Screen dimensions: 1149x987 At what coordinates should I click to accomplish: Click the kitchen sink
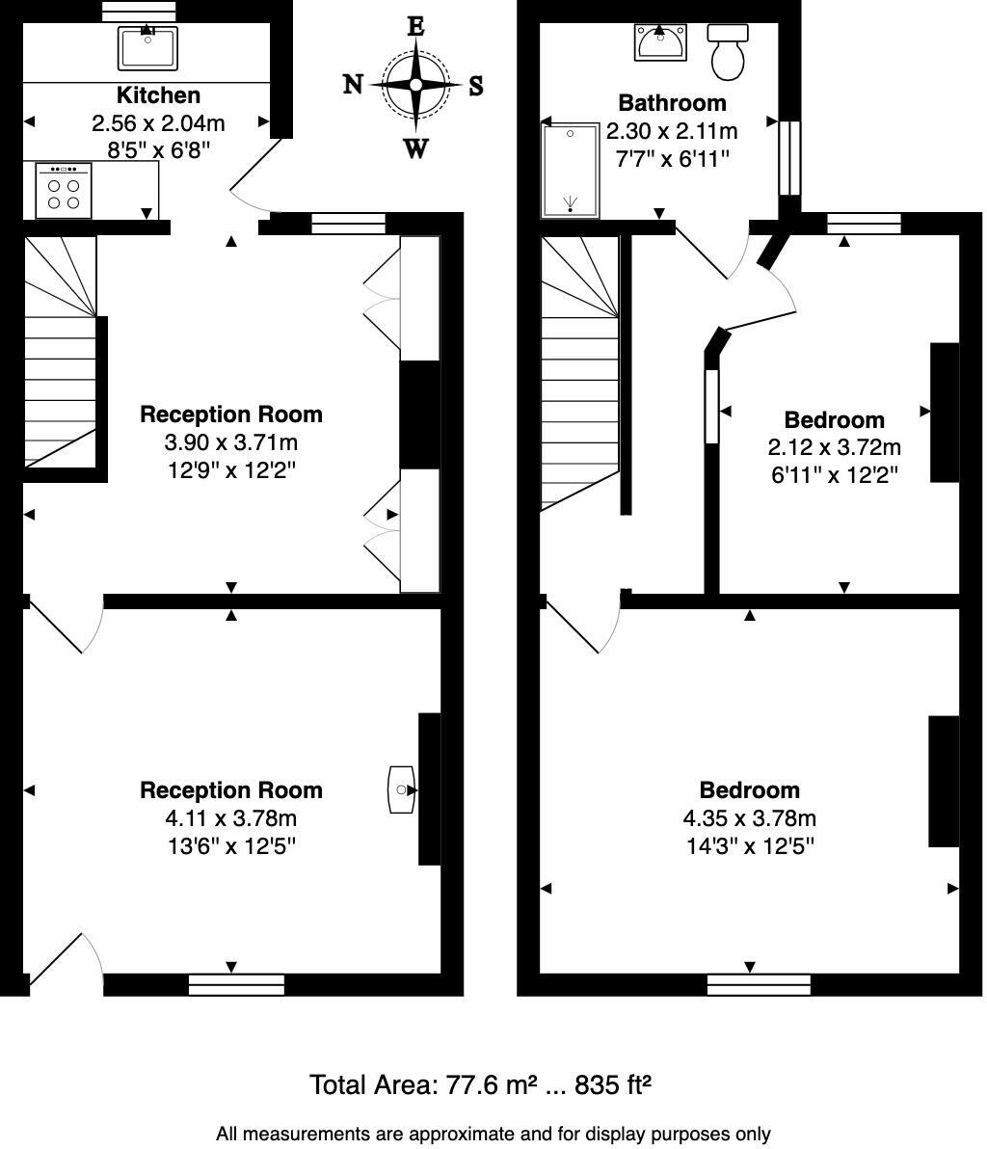[x=147, y=47]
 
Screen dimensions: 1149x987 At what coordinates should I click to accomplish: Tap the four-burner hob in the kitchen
[x=64, y=190]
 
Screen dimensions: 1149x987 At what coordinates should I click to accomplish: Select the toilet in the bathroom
[x=728, y=51]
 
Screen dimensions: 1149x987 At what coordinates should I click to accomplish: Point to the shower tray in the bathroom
[x=572, y=171]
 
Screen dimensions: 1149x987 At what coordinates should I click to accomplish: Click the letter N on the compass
[x=354, y=85]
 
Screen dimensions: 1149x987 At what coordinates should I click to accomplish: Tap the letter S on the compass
[x=475, y=87]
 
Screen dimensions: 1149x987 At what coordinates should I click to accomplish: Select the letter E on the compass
[x=415, y=26]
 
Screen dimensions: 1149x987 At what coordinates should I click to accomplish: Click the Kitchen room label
[x=158, y=95]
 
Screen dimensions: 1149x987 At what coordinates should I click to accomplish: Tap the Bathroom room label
[x=672, y=103]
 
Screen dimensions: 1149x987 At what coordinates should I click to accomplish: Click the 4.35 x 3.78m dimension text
[x=749, y=818]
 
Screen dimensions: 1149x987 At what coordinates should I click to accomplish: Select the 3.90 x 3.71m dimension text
[x=231, y=442]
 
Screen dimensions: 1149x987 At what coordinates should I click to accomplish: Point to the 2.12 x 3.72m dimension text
[x=834, y=447]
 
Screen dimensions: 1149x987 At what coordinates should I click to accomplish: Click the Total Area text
[x=480, y=1084]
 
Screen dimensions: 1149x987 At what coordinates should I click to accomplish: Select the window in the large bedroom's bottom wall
[x=759, y=984]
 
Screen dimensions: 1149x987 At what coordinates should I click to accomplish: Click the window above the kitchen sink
[x=139, y=11]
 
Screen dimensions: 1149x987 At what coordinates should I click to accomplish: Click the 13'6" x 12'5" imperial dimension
[x=231, y=846]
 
